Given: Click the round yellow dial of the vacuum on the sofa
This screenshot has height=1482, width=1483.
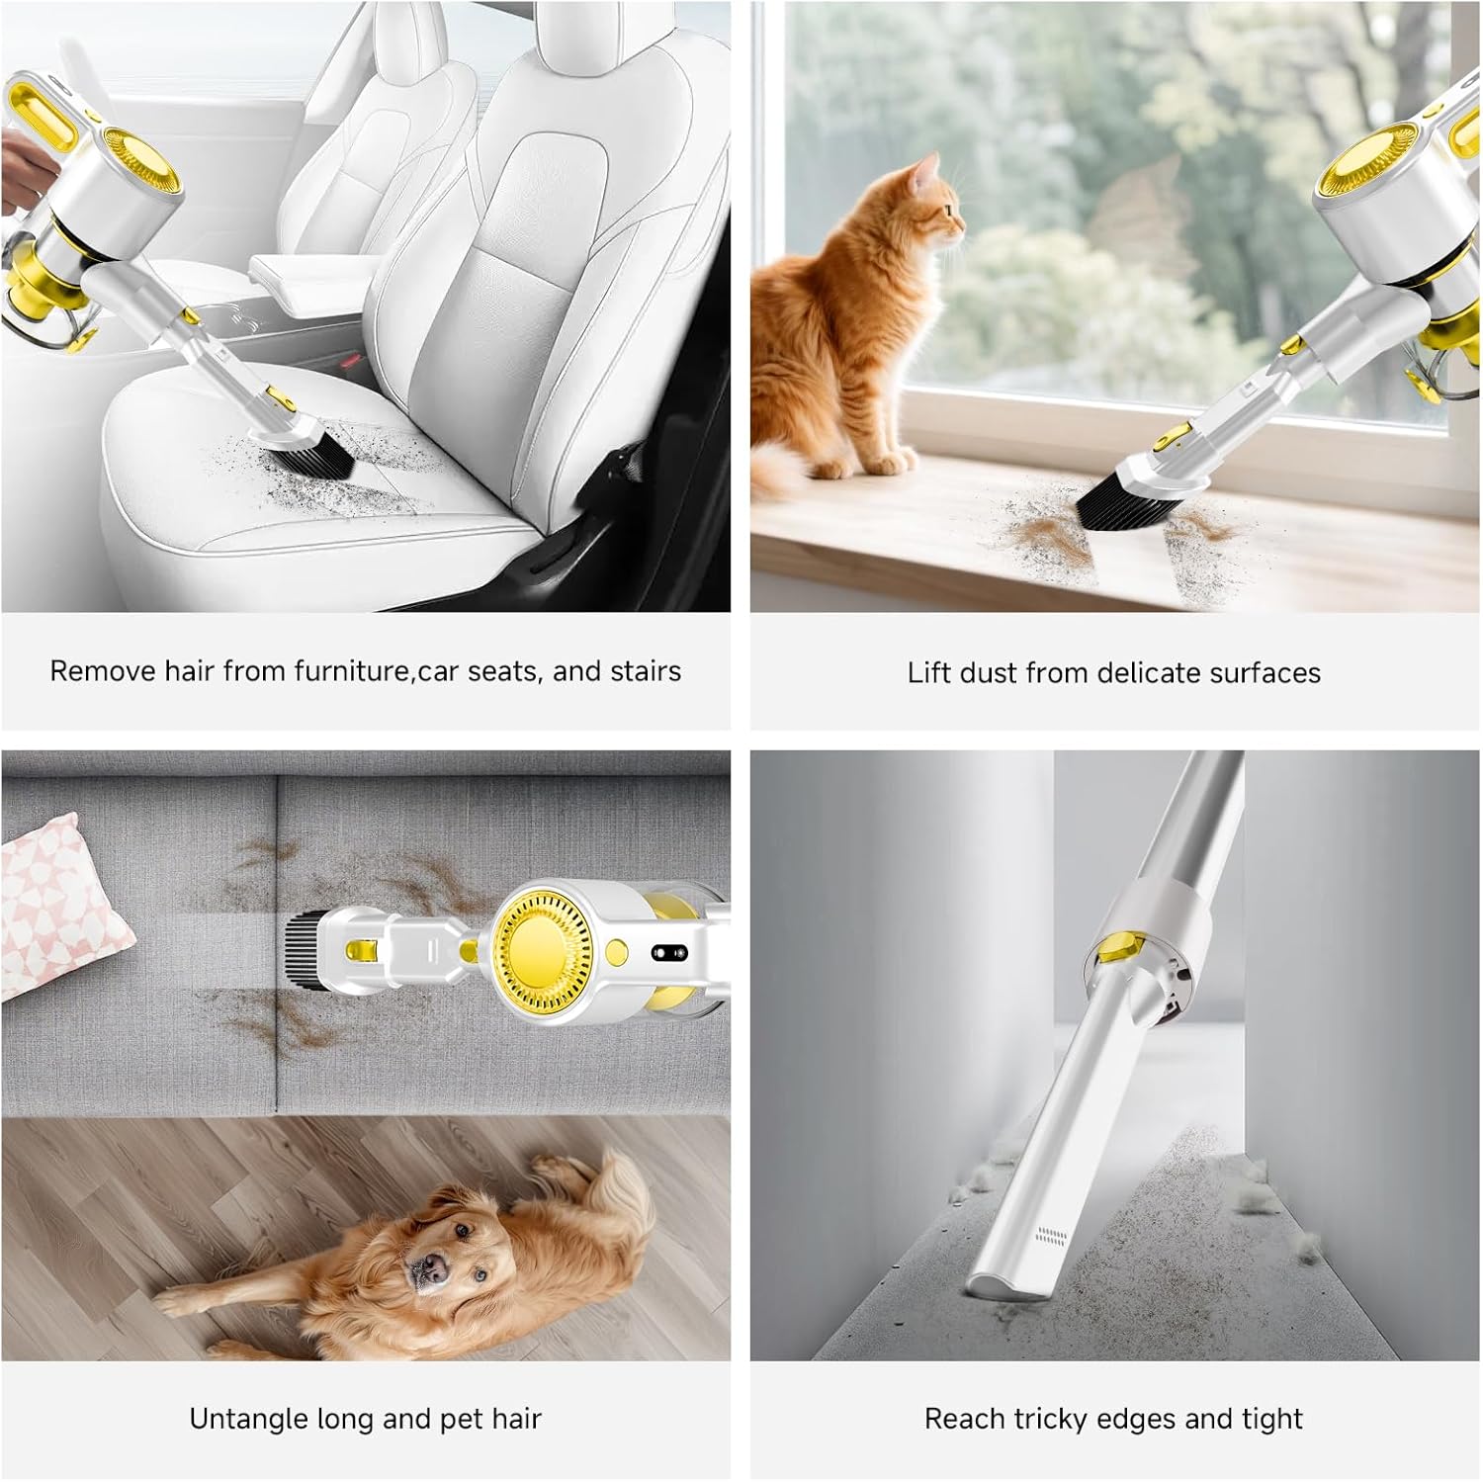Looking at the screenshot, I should [542, 942].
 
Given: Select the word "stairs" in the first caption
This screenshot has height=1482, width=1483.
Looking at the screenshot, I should [645, 671].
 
